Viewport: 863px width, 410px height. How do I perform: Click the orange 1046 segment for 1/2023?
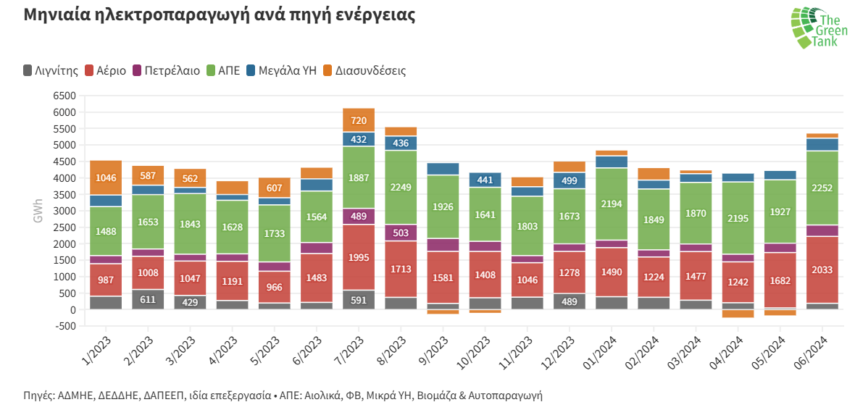coord(106,177)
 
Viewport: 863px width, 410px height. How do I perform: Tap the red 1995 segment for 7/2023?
coord(359,257)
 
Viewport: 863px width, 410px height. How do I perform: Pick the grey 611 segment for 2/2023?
coord(148,299)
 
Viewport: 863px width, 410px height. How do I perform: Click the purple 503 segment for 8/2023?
coord(401,233)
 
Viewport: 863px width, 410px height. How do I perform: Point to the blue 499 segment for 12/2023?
coord(569,180)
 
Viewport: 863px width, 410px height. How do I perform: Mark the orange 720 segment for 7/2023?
coord(359,120)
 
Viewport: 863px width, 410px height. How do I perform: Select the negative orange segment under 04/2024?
coord(738,314)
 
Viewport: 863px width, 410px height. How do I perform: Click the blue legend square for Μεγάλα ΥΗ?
coord(251,70)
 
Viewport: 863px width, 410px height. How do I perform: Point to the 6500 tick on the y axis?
coord(64,96)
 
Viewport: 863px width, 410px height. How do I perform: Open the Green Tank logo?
coord(814,28)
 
